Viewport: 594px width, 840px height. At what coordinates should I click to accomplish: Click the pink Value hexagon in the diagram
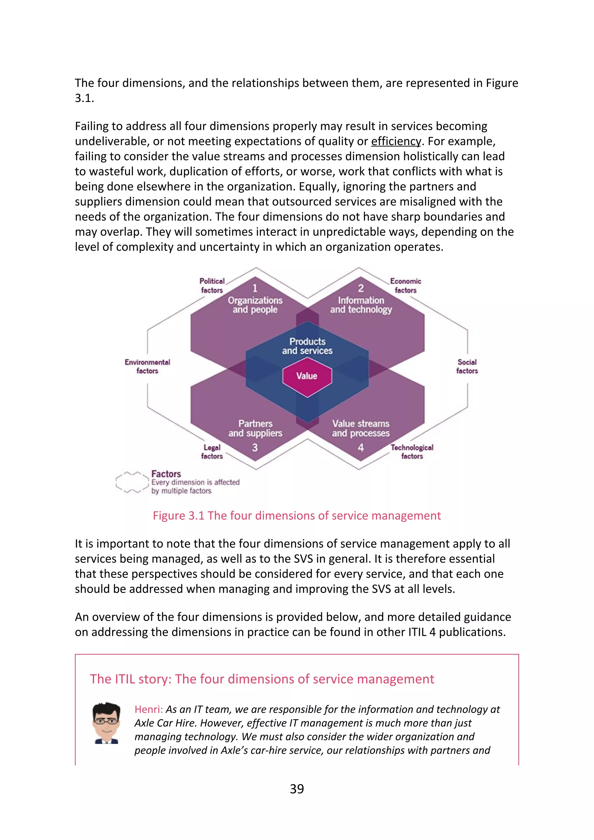point(307,376)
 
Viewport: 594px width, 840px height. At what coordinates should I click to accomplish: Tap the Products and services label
point(307,346)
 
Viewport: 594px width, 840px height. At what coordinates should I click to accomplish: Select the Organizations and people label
point(255,305)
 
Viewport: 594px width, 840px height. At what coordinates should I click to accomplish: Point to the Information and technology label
point(361,305)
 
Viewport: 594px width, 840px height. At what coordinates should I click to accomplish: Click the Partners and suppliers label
point(255,428)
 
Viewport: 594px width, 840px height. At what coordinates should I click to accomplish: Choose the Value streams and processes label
point(361,428)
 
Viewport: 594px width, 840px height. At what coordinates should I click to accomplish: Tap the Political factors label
point(212,286)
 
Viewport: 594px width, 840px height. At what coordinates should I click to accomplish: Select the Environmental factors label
point(147,367)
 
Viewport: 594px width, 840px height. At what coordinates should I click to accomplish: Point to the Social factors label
point(467,367)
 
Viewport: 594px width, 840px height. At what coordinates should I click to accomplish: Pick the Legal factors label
point(212,452)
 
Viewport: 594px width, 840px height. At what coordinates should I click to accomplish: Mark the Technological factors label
point(412,452)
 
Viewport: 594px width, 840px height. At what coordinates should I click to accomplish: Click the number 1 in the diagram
point(255,288)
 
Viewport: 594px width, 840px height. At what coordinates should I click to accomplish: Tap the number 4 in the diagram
point(361,448)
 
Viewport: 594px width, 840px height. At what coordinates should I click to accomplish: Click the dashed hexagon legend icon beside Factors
point(132,482)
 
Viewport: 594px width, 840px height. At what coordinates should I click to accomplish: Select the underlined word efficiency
point(396,141)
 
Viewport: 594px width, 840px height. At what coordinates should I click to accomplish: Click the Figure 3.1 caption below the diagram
point(297,515)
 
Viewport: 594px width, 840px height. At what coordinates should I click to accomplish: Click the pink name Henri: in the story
point(148,709)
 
